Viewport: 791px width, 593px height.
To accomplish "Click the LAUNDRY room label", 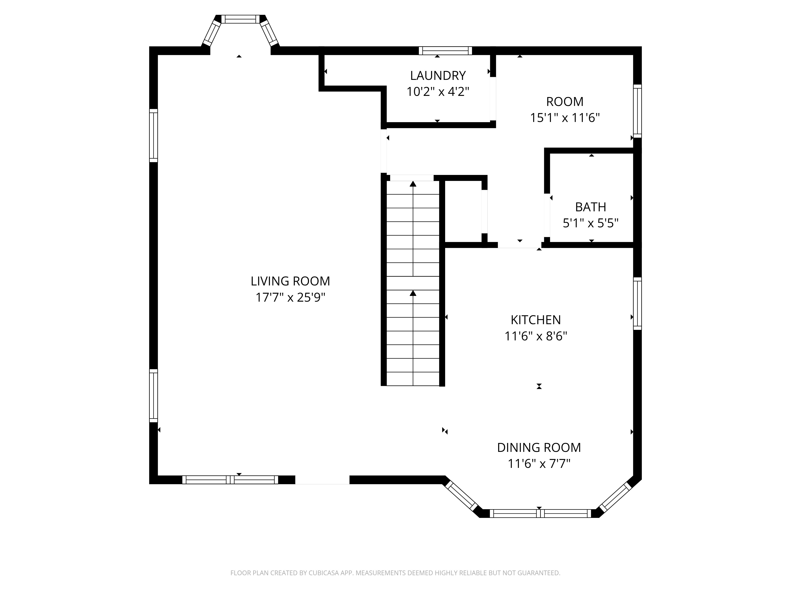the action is [438, 76].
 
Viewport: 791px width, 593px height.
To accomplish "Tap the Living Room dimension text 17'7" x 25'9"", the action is [290, 297].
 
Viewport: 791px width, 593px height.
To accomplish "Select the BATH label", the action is [590, 207].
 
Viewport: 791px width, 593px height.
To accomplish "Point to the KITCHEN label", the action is [536, 320].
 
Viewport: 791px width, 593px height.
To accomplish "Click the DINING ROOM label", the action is [539, 448].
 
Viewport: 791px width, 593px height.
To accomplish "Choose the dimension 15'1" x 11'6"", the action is [565, 118].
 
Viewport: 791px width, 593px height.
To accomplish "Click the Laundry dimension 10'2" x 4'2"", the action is [438, 92].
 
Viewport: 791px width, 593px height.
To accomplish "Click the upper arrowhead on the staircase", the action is [413, 184].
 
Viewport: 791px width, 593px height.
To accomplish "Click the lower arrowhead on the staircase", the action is [413, 293].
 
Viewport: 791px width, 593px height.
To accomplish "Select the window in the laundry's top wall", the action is [445, 51].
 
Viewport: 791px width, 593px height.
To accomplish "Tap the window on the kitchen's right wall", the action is [637, 303].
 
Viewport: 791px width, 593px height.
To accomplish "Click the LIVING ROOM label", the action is [290, 281].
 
